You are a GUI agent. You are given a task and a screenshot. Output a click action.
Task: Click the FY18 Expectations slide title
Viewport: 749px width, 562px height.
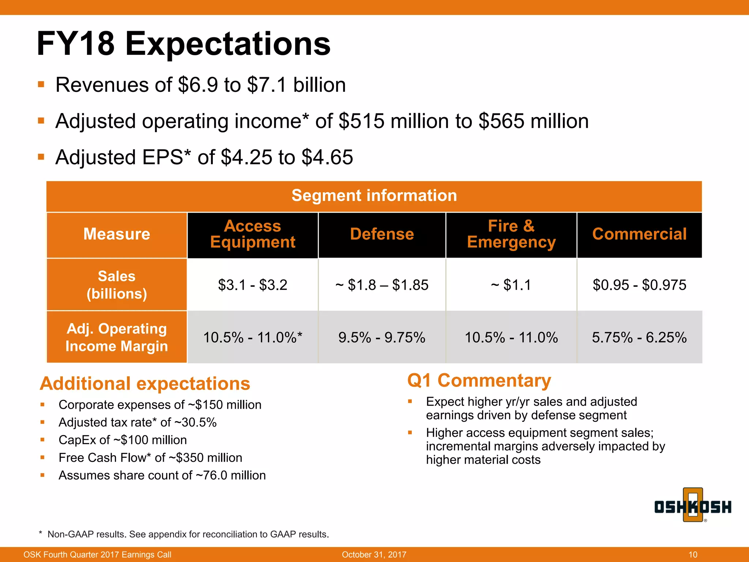[184, 44]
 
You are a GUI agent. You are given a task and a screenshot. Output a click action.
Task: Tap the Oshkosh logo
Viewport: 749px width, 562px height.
[693, 506]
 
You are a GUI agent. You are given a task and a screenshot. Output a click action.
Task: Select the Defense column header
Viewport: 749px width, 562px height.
[382, 234]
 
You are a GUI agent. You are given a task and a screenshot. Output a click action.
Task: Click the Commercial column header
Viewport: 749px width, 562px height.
[639, 234]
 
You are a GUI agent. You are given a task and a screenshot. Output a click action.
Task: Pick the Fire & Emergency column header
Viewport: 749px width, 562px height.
[511, 234]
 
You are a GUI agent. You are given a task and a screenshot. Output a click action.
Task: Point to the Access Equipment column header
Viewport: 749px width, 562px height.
[253, 234]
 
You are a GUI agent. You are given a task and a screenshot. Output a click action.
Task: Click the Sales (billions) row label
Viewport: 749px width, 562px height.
[117, 285]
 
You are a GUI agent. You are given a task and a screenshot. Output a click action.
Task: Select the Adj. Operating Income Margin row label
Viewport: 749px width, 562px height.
[117, 337]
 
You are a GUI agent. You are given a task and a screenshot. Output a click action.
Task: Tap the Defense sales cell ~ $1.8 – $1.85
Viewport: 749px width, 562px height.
[382, 285]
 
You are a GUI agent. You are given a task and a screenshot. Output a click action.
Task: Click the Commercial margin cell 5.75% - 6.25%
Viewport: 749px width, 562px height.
[639, 337]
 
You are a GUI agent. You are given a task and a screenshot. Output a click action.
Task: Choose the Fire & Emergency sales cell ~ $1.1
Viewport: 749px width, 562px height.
[511, 285]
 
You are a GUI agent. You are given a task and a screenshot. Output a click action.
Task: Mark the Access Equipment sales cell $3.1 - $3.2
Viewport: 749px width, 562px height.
[253, 285]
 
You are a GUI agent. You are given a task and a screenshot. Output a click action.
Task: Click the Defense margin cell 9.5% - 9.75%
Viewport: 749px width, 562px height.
[382, 337]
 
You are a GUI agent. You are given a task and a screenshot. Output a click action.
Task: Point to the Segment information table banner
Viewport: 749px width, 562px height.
[374, 196]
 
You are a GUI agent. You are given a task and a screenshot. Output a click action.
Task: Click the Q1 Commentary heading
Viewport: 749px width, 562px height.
[479, 381]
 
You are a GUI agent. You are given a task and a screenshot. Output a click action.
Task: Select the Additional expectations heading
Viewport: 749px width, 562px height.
[145, 383]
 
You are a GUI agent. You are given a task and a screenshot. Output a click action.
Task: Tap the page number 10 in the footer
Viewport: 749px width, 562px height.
[693, 555]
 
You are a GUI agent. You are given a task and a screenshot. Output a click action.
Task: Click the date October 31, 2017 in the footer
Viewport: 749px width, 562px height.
[374, 555]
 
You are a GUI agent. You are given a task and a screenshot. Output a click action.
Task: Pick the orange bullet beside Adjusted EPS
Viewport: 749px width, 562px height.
[41, 157]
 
